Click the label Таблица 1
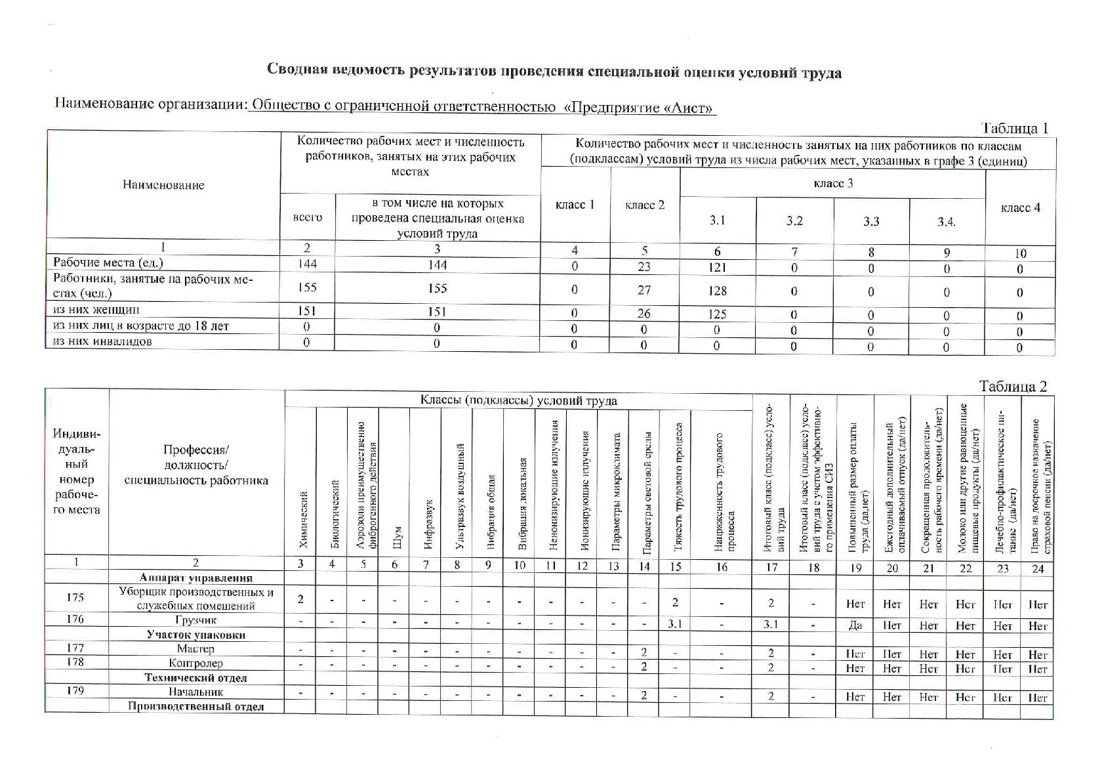pyautogui.click(x=1013, y=128)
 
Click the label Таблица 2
pyautogui.click(x=1013, y=386)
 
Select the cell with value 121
pyautogui.click(x=717, y=267)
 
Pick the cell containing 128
pyautogui.click(x=717, y=291)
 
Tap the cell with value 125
pyautogui.click(x=717, y=314)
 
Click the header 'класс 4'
pyautogui.click(x=1020, y=208)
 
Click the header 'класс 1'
pyautogui.click(x=575, y=205)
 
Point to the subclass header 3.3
pyautogui.click(x=871, y=221)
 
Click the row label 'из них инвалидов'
pyautogui.click(x=102, y=341)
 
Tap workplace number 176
pyautogui.click(x=75, y=619)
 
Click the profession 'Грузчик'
pyautogui.click(x=195, y=620)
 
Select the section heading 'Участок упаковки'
pyautogui.click(x=196, y=635)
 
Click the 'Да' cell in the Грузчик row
pyautogui.click(x=855, y=625)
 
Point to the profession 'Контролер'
pyautogui.click(x=195, y=664)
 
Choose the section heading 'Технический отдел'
pyautogui.click(x=195, y=678)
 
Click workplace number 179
pyautogui.click(x=75, y=690)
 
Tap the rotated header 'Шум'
pyautogui.click(x=396, y=538)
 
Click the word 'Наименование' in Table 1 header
pyautogui.click(x=163, y=185)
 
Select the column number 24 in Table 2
pyautogui.click(x=1037, y=568)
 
